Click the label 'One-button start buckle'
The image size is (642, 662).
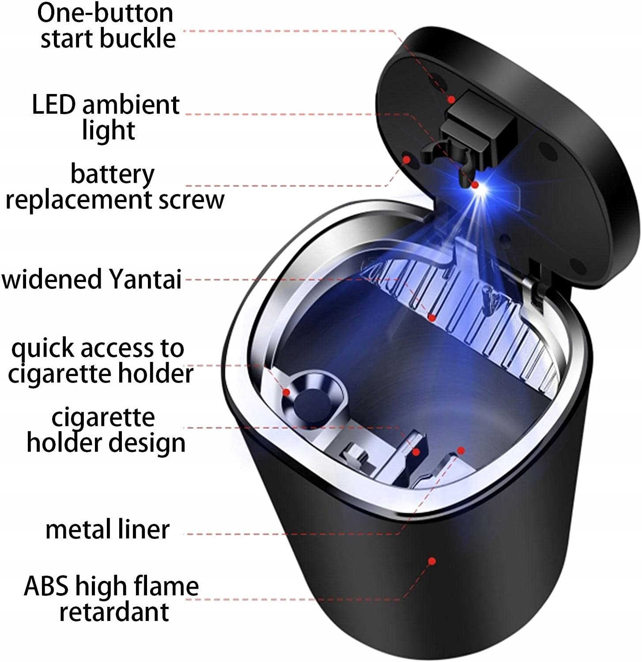click(106, 25)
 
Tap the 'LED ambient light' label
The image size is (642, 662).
click(106, 117)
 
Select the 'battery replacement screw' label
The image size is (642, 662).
click(114, 187)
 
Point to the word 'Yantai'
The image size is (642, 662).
click(145, 279)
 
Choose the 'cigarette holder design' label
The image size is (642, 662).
click(105, 430)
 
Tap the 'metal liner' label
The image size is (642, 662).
click(107, 530)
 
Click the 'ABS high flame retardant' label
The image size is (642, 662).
click(111, 598)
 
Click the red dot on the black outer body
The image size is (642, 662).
click(432, 561)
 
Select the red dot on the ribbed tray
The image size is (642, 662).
click(432, 317)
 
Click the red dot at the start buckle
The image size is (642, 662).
click(451, 100)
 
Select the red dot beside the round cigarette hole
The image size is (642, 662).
click(286, 392)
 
